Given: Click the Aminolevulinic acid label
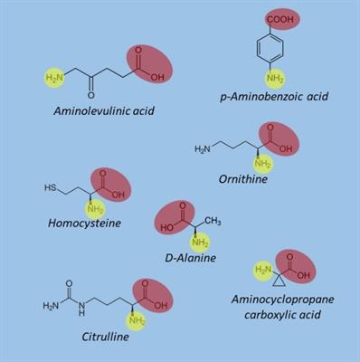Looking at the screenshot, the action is tap(104, 111).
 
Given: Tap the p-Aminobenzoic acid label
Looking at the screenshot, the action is tap(274, 97).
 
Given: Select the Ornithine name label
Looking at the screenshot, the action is tap(243, 179).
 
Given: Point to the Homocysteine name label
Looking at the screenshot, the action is tap(84, 224).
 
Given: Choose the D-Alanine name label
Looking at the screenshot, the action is tap(191, 258).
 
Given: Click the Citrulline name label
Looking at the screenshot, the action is tap(105, 337).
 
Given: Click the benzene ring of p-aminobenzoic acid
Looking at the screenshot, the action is tap(270, 48).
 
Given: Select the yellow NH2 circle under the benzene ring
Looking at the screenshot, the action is tap(275, 80).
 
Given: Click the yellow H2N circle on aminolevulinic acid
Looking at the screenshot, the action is tap(54, 78).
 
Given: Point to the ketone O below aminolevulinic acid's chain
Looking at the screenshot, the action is tap(91, 96).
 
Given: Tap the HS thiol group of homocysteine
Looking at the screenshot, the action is tap(51, 187).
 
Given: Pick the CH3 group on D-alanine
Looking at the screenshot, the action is tap(213, 221).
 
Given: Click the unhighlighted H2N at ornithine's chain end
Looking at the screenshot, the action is tap(202, 148).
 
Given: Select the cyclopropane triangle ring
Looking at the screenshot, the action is tap(279, 281).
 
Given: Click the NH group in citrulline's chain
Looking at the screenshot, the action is tap(82, 310).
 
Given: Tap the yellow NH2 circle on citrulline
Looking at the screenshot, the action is tap(136, 320).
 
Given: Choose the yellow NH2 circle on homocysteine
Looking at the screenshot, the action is tap(95, 209).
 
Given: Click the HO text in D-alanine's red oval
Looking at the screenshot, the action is tap(166, 227).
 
